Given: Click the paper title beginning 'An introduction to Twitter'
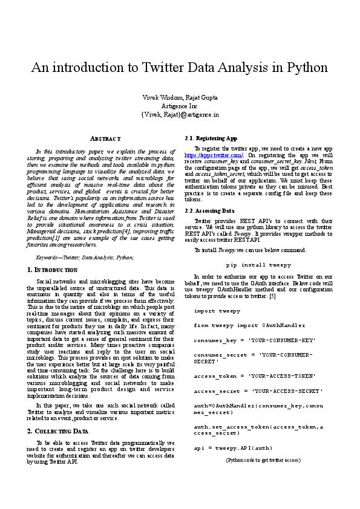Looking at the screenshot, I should pyautogui.click(x=180, y=67).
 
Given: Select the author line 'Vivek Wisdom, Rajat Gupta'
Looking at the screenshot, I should pyautogui.click(x=180, y=97).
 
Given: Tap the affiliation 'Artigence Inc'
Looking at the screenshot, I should pyautogui.click(x=180, y=106).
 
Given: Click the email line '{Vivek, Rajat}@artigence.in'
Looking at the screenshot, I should pyautogui.click(x=180, y=114).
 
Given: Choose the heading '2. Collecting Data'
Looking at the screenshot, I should pyautogui.click(x=58, y=431).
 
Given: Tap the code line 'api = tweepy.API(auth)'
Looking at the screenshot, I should pyautogui.click(x=233, y=448).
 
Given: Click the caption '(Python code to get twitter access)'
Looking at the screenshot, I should pyautogui.click(x=263, y=460).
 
